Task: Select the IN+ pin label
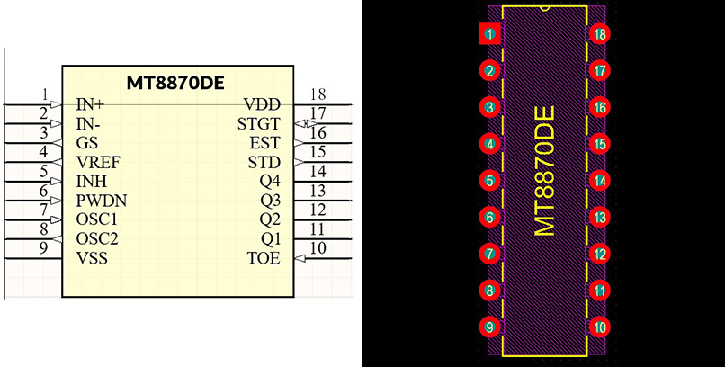tap(91, 104)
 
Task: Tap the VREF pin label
tap(98, 163)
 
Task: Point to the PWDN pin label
tap(102, 200)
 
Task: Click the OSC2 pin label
tap(97, 238)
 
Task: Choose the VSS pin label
tap(92, 258)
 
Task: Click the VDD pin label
tap(263, 104)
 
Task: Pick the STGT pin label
tap(259, 124)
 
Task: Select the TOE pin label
tap(264, 258)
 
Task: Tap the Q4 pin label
tap(270, 181)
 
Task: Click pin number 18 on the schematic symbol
tap(317, 94)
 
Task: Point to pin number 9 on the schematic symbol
tap(44, 248)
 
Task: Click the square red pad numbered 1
tap(489, 34)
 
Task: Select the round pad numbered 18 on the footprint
tap(600, 34)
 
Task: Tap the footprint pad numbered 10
tap(600, 327)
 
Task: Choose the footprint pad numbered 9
tap(489, 327)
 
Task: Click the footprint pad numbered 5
tap(489, 181)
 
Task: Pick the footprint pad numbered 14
tap(600, 181)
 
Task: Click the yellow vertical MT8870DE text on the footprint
tap(544, 171)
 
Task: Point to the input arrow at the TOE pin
tap(300, 258)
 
